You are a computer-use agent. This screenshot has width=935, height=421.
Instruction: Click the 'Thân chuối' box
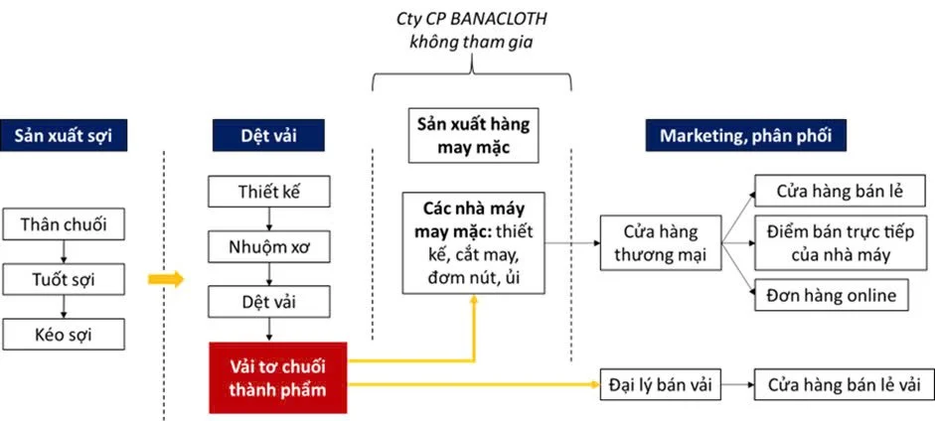point(65,224)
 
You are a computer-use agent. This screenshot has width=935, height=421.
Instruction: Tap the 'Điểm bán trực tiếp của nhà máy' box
point(828,243)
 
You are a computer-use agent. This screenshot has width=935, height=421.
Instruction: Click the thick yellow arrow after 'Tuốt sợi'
point(166,279)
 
